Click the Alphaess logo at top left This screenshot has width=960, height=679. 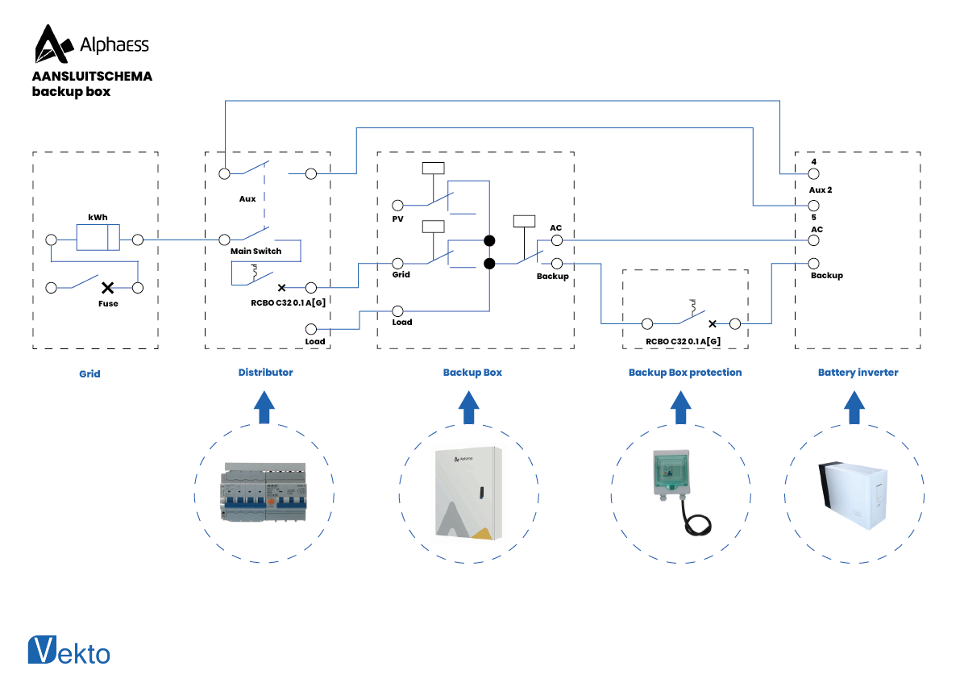90,44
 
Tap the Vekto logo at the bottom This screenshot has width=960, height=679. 69,651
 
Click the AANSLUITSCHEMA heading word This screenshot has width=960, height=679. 92,77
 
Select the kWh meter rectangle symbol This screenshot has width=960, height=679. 98,239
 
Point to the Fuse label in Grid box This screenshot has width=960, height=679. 108,304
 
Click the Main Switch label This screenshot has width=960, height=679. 256,252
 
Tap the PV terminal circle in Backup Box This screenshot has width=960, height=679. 397,206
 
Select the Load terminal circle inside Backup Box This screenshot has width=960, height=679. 397,310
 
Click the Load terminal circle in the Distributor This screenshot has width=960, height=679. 311,329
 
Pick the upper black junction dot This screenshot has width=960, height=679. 488,240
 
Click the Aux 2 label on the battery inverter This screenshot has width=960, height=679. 820,190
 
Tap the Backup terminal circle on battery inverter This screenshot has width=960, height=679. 814,264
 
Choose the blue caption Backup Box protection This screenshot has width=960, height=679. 685,373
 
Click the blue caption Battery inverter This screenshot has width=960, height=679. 858,373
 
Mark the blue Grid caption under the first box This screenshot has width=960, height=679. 89,374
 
